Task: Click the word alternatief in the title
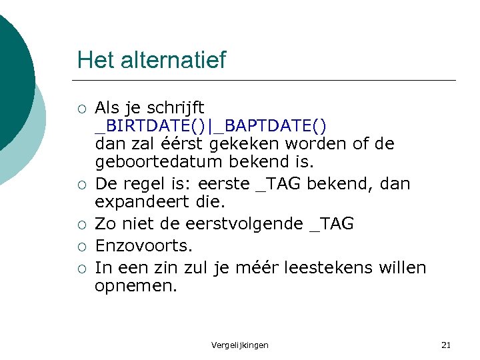coord(174,60)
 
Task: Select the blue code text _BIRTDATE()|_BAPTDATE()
coord(211,126)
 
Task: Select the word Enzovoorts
coord(143,245)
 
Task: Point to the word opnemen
coord(136,287)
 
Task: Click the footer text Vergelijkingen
coord(240,345)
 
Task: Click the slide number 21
coord(446,345)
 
